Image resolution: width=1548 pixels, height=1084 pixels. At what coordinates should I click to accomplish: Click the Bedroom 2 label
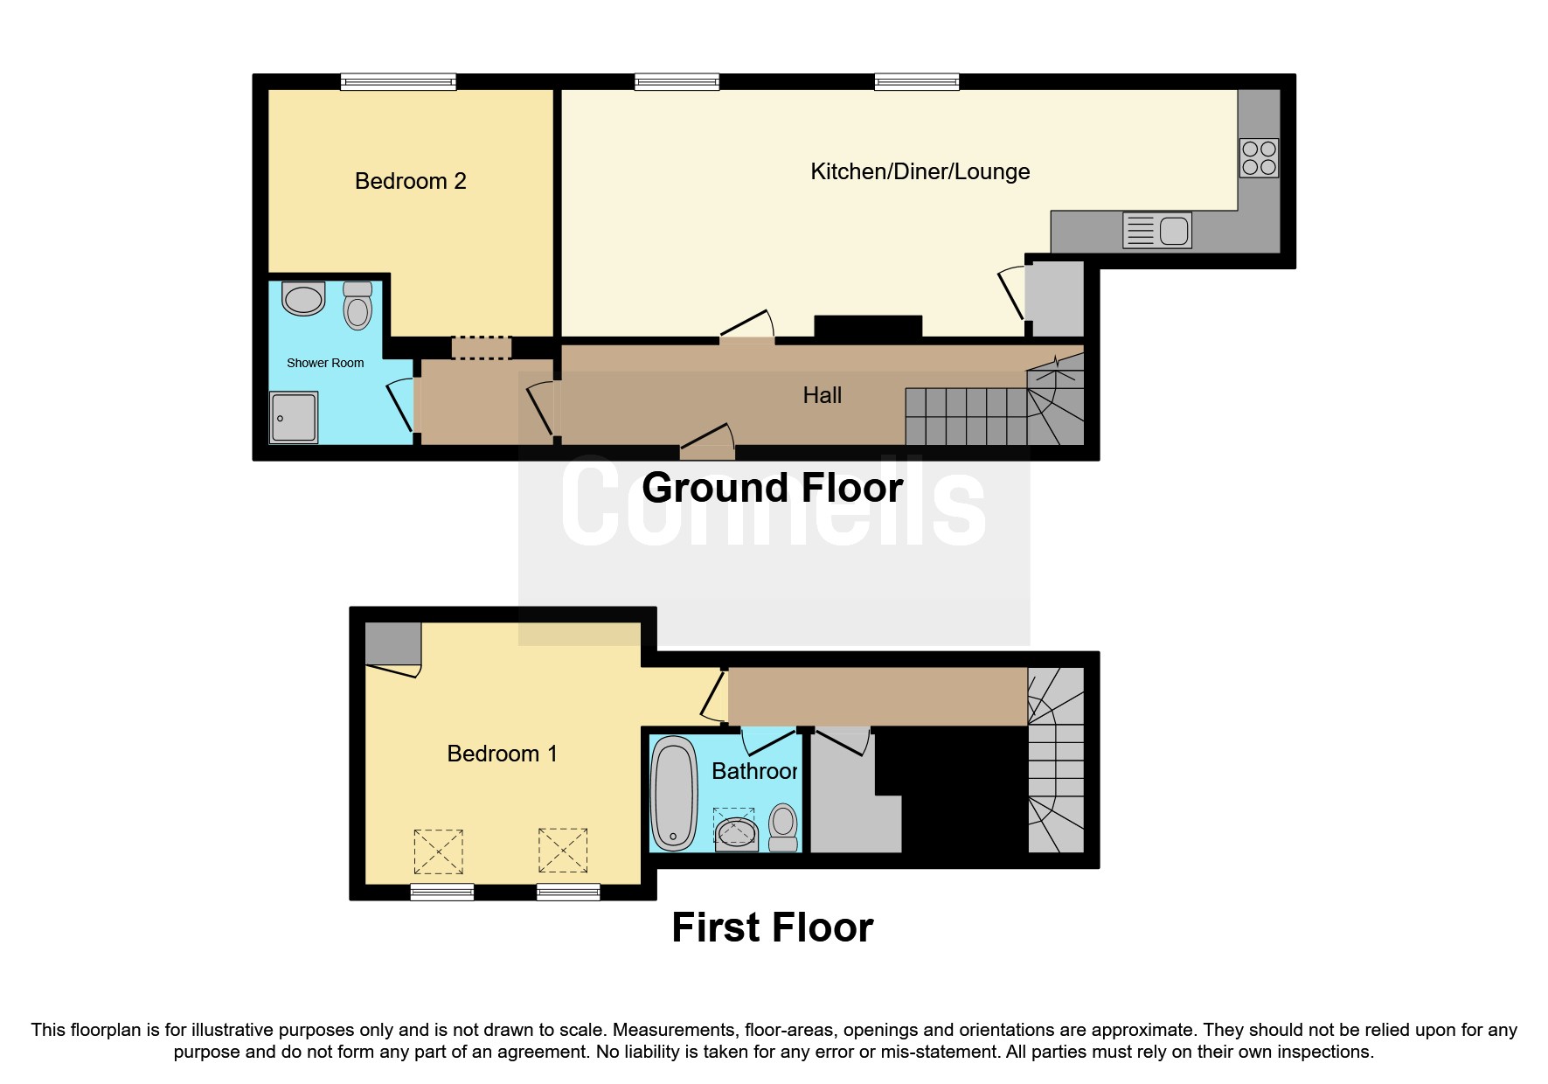point(410,181)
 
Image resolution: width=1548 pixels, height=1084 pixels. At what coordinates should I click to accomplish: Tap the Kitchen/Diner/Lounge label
point(920,171)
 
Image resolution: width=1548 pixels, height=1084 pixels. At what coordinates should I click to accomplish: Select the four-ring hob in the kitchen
point(1259,158)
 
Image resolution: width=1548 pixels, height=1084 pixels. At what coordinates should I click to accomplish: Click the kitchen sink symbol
point(1156,231)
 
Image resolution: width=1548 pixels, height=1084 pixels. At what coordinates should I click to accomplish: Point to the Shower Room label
point(325,363)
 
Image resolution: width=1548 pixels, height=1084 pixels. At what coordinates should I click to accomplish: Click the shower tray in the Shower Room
point(294,417)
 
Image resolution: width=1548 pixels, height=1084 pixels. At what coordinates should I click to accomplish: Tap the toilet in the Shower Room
point(357,305)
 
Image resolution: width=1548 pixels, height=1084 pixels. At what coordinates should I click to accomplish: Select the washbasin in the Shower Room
point(303,299)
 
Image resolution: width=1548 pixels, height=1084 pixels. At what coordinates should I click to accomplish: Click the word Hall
point(822,395)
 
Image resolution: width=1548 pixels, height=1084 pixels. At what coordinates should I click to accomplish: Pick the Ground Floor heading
point(772,488)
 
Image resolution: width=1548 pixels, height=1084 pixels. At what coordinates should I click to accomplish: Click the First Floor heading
point(772,928)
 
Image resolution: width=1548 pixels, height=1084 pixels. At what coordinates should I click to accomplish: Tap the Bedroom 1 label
point(502,754)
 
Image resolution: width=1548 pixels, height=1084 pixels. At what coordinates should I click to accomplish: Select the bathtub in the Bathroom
point(674,794)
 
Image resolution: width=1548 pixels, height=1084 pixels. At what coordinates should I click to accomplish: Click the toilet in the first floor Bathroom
point(783,826)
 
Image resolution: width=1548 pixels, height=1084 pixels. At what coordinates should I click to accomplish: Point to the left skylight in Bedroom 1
point(438,851)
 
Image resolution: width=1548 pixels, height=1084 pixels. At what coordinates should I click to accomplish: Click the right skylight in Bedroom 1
point(562,850)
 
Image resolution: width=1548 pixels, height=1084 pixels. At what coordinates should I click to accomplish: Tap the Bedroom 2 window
point(398,82)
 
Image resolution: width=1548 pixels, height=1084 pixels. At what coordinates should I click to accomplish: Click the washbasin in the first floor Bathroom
point(736,830)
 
